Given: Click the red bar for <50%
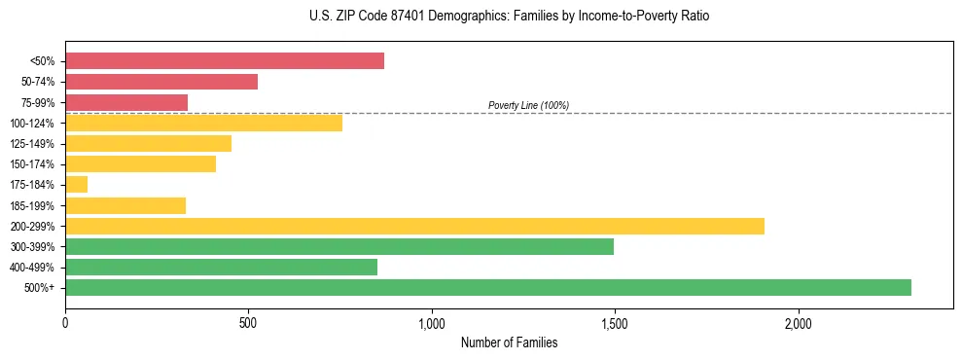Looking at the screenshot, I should click(x=224, y=60).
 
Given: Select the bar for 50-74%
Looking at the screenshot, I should click(x=161, y=82).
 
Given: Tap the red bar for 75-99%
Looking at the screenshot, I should click(x=126, y=102).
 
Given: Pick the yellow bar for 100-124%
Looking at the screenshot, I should click(x=203, y=123).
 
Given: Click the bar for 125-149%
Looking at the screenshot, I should click(x=148, y=143).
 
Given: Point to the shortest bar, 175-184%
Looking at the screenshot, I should click(x=76, y=184).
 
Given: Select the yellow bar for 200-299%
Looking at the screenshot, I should click(x=414, y=226).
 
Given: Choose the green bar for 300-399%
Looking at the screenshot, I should click(x=338, y=246).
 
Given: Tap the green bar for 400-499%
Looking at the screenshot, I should click(x=221, y=267).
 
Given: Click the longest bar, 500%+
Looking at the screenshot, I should click(x=487, y=287).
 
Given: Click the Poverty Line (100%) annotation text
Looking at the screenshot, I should click(x=528, y=105).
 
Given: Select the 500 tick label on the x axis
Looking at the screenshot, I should click(x=248, y=322).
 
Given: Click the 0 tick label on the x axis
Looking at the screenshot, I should click(x=65, y=322).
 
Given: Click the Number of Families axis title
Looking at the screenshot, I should click(x=509, y=342).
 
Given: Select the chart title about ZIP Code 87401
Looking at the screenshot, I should click(x=509, y=17).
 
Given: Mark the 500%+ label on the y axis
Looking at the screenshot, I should click(x=41, y=288).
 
